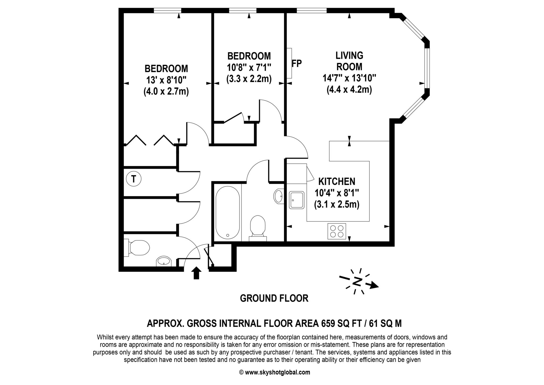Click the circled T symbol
click(x=133, y=179)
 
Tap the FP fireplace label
click(x=297, y=64)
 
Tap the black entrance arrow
click(x=196, y=273)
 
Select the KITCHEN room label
click(x=337, y=182)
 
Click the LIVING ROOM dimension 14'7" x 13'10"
click(x=349, y=78)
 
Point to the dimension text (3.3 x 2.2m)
click(x=249, y=79)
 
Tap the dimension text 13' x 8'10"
click(x=166, y=80)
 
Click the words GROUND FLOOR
click(x=274, y=298)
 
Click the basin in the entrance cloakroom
click(x=164, y=261)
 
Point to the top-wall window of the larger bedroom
click(x=167, y=11)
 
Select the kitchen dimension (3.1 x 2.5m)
click(x=337, y=205)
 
